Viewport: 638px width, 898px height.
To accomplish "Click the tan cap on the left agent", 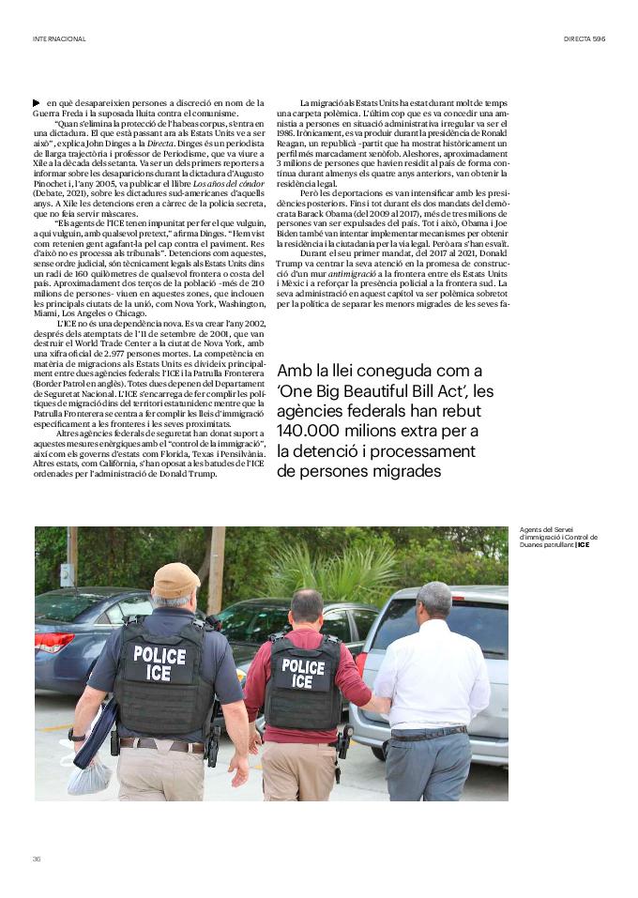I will coord(175,579).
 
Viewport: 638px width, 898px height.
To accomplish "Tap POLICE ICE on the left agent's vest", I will coord(159,662).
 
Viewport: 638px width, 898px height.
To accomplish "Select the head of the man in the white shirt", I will coord(433,601).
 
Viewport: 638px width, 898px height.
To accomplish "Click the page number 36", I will coord(37,859).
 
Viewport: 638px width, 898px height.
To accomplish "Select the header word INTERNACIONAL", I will coord(59,38).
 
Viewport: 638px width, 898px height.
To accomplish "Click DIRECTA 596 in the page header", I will coord(585,38).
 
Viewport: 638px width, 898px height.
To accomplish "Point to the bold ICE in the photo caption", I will coord(584,544).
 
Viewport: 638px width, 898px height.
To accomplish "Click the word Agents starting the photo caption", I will coord(531,529).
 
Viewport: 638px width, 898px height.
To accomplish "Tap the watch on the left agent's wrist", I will coord(79,736).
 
